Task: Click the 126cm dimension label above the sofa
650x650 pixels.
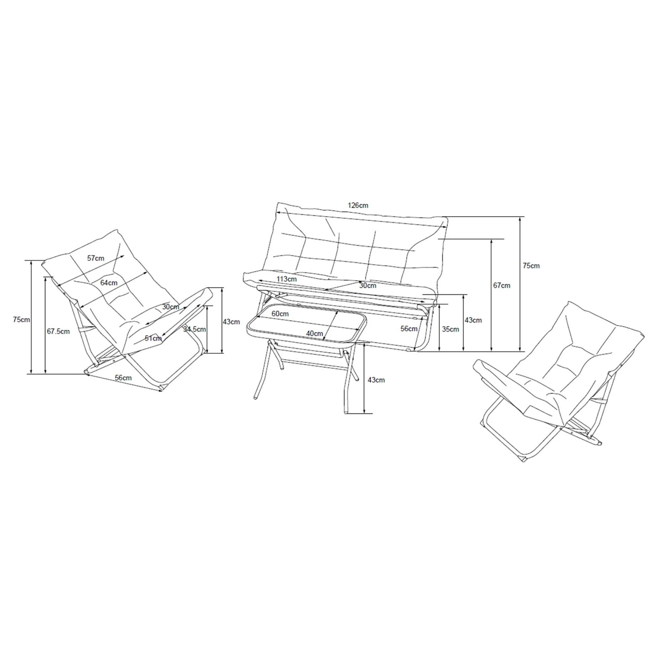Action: [x=358, y=205]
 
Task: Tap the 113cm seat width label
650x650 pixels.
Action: [x=287, y=279]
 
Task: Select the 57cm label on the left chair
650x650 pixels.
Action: [x=96, y=258]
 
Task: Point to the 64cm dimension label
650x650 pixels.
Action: [x=109, y=283]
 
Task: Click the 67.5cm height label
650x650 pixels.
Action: [x=58, y=331]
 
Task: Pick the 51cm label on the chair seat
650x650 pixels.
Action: [x=153, y=338]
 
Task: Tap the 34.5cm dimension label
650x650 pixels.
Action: [x=195, y=329]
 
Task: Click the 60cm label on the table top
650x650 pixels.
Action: [x=280, y=314]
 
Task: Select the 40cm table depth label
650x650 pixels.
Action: [x=315, y=333]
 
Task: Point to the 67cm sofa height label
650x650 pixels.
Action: [x=502, y=286]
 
